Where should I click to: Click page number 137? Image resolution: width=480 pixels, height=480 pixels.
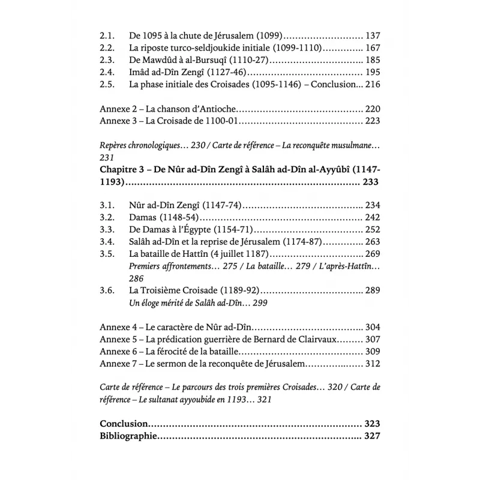coord(373,36)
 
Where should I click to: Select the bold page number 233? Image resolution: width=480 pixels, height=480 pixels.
coord(372,181)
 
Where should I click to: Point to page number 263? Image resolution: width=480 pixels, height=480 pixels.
coord(373,241)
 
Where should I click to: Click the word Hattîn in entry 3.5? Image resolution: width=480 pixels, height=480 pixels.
coord(192,253)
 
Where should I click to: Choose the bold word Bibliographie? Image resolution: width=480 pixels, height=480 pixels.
coord(128,436)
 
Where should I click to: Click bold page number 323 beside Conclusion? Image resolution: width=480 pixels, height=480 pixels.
coord(372,424)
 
